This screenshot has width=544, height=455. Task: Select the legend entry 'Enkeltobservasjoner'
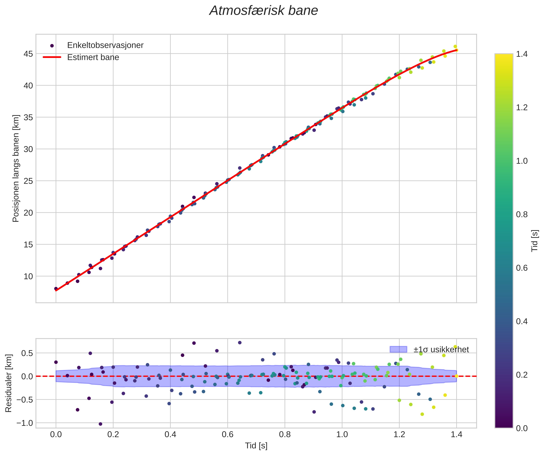(105, 45)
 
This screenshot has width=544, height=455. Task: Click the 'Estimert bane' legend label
(93, 57)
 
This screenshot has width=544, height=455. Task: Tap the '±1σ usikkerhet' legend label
(441, 350)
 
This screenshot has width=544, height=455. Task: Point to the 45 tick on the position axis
(29, 54)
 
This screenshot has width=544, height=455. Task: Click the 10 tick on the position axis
(29, 276)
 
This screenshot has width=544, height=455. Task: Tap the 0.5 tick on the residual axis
(27, 353)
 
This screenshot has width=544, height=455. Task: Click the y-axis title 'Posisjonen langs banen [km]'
(16, 168)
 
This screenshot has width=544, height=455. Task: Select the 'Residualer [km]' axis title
(9, 383)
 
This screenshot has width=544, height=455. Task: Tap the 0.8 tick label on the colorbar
(522, 214)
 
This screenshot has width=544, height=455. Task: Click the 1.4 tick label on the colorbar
(522, 54)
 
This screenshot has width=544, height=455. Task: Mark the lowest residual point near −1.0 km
(100, 424)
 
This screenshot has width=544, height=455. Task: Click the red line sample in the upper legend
(52, 57)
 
